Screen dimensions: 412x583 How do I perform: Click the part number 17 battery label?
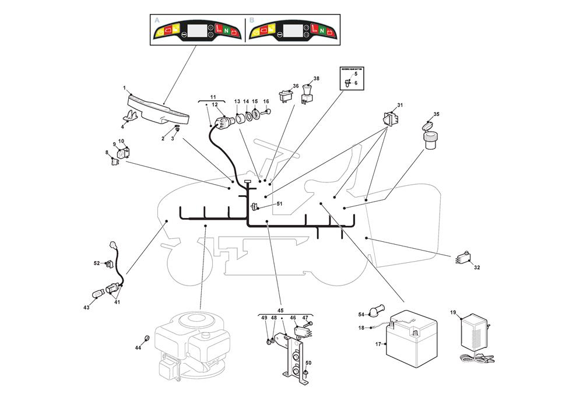pos(378,344)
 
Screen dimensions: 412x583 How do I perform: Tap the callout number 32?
pos(476,268)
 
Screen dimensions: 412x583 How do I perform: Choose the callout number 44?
pos(138,347)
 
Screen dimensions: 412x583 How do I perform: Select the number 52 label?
pos(97,263)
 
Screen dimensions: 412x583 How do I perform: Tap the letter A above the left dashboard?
pos(157,20)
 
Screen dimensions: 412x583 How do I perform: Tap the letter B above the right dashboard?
pos(252,20)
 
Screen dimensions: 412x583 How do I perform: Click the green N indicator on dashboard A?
pos(225,30)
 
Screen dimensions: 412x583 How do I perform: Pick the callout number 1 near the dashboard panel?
pos(124,88)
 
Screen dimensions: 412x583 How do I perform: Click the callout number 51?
pos(279,203)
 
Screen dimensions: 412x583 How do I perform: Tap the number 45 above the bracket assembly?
pos(280,311)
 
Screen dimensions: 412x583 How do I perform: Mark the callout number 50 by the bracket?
pos(308,363)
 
